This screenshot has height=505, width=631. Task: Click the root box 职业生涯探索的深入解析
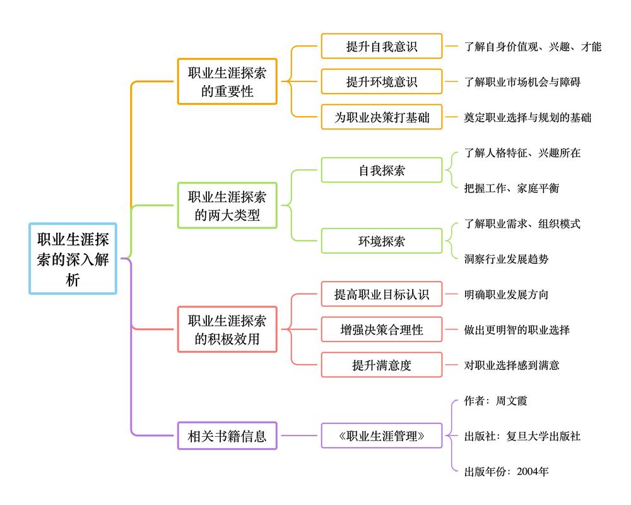73,258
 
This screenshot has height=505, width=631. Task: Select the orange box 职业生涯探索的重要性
227,82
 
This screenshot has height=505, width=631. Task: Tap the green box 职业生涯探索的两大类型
227,206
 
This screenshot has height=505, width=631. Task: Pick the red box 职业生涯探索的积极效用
227,330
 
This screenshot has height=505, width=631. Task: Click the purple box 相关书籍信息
227,436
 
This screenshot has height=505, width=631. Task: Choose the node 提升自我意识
382,47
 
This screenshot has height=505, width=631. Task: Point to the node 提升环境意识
382,82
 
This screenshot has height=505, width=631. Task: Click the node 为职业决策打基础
382,117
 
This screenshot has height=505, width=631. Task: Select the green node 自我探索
382,170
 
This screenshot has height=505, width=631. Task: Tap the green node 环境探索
382,241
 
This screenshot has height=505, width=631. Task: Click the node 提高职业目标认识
382,294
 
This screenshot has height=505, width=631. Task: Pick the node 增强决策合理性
382,330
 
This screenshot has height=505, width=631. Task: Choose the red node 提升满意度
382,365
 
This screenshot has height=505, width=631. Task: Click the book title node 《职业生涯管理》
382,436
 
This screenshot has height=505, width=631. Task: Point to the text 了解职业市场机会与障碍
522,82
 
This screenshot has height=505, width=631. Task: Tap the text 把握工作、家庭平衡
511,188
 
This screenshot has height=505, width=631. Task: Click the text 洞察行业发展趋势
506,259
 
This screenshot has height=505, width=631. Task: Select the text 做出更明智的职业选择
517,330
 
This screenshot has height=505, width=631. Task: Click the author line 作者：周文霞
495,400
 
